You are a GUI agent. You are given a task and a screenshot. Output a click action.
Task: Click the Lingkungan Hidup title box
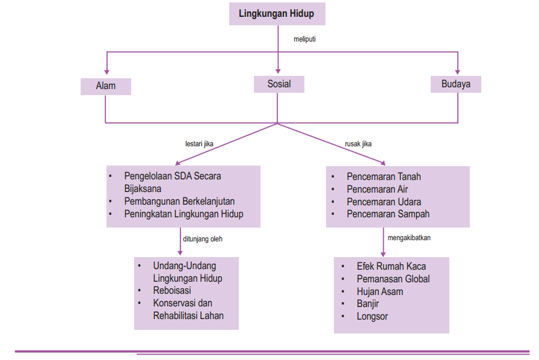point(277,13)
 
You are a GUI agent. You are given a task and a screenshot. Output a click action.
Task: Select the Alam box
point(106,86)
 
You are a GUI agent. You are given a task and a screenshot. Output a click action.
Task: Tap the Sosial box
point(279,84)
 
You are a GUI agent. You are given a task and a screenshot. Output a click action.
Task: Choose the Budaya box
point(456,84)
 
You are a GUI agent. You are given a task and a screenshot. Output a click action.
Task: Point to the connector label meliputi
point(304,39)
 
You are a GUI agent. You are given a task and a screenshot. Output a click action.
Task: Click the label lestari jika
point(199,144)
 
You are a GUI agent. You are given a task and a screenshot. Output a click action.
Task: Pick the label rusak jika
point(358,144)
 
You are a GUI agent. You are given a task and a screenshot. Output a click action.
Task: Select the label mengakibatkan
point(409,238)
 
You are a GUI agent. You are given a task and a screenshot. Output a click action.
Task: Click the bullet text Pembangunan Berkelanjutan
point(179,202)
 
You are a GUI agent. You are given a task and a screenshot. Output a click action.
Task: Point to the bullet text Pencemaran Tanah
point(384,177)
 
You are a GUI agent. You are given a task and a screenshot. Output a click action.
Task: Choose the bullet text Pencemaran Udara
point(384,202)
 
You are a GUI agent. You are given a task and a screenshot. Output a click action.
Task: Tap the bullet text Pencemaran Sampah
point(388,214)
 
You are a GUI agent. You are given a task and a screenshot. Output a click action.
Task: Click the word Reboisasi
point(172,291)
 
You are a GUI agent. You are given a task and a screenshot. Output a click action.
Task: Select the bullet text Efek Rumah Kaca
point(391,266)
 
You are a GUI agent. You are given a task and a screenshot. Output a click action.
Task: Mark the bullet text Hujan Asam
point(380,291)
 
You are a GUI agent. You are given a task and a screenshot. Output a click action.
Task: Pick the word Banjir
point(368,304)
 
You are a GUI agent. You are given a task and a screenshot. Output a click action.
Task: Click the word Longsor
point(372,317)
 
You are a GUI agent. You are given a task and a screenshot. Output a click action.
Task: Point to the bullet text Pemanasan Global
point(393,279)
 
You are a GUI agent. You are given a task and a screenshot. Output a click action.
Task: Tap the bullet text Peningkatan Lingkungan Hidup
point(183,214)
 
